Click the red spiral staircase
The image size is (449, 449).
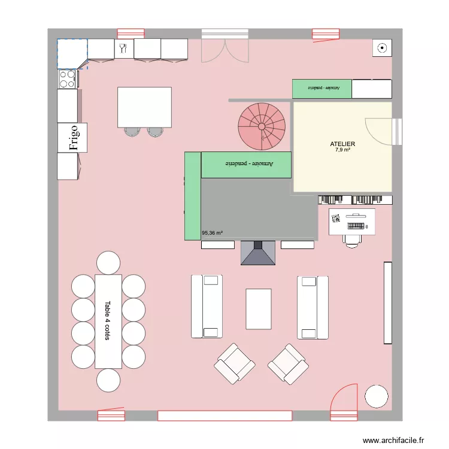point(262,126)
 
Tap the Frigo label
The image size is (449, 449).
point(73,138)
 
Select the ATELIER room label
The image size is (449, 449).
point(342,144)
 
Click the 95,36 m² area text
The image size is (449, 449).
point(213,233)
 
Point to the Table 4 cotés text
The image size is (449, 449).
point(108,320)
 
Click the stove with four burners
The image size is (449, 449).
point(67,78)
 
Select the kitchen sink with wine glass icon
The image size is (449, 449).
point(123,49)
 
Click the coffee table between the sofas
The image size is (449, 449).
point(259,308)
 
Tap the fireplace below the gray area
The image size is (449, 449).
point(257,253)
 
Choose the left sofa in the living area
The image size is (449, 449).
point(207,306)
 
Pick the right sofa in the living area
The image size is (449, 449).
point(313,307)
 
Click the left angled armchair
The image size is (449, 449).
point(235,363)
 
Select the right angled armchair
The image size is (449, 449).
point(288,363)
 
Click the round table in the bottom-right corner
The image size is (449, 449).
point(377,396)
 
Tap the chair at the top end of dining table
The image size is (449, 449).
point(108,263)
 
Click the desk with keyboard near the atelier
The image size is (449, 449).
point(352,222)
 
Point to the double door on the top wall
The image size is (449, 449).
point(224,47)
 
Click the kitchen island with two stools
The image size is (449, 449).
point(144,107)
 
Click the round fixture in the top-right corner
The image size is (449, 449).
point(381,48)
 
